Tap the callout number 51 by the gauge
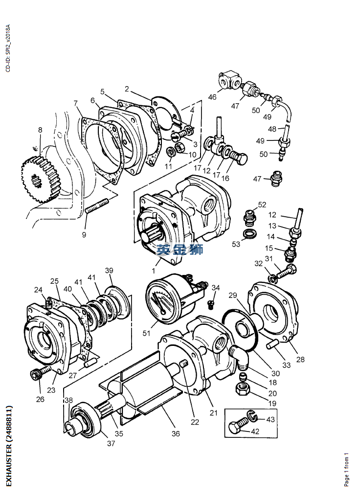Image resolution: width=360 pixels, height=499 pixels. click(146, 334)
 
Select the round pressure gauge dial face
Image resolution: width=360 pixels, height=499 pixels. click(162, 301)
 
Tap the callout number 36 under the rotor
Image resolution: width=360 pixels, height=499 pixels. click(175, 433)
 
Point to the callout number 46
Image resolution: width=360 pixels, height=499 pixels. click(212, 97)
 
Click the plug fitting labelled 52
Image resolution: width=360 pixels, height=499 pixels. click(249, 216)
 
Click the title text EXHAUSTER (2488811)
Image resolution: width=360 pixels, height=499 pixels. click(9, 446)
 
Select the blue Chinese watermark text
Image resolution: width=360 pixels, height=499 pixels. click(180, 250)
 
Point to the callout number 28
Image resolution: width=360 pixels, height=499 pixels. click(300, 360)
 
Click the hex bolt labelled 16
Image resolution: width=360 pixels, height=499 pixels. click(239, 159)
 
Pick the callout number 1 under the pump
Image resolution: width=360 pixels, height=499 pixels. click(153, 271)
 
